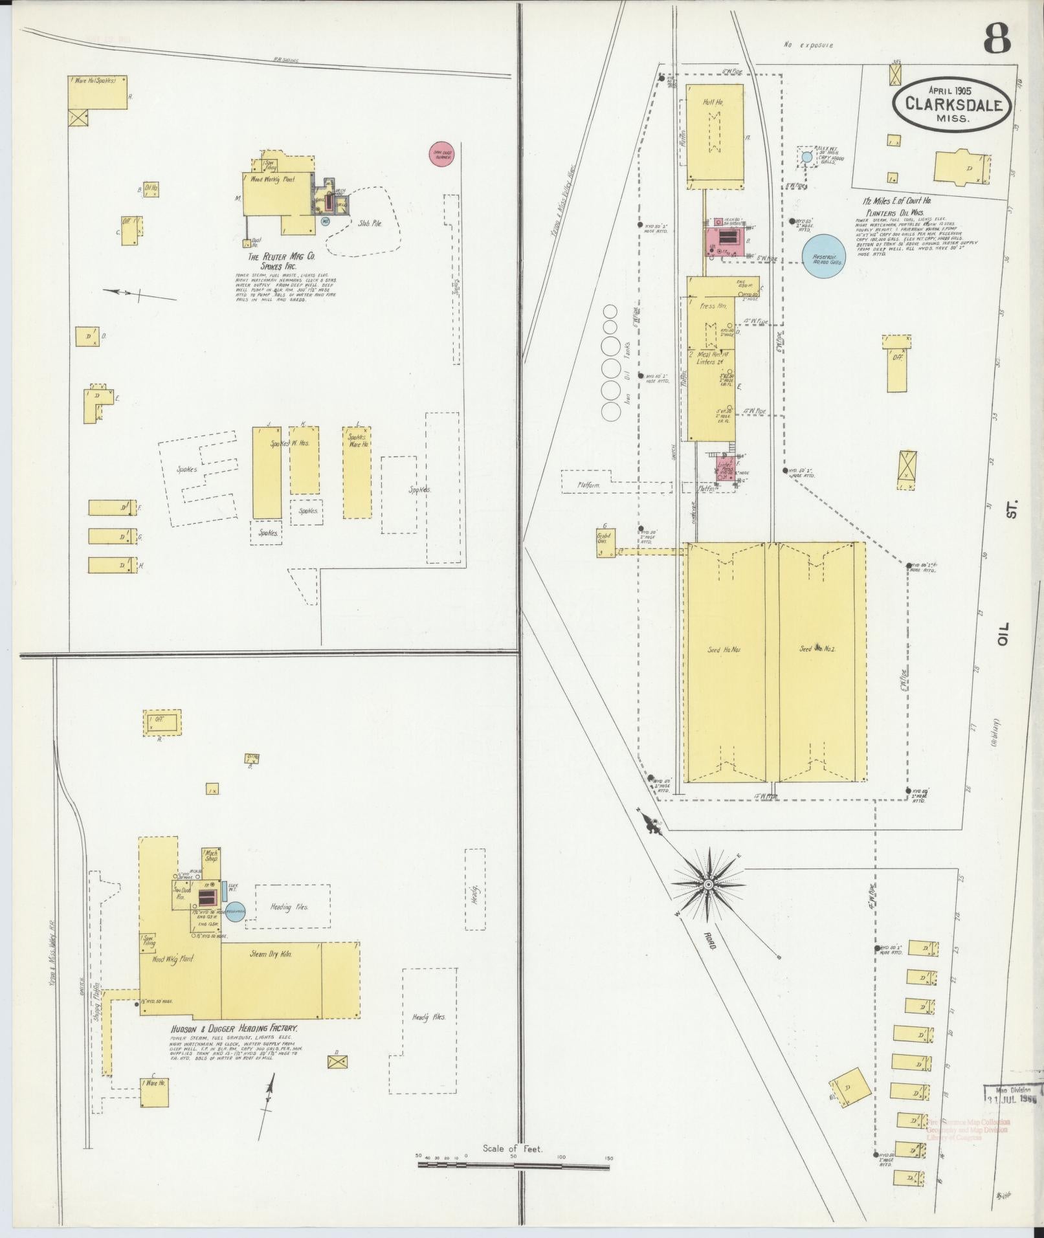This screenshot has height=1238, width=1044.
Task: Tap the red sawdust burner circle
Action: [x=441, y=154]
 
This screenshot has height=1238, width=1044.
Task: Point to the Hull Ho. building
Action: [x=714, y=133]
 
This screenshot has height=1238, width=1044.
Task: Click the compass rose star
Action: [x=707, y=883]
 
